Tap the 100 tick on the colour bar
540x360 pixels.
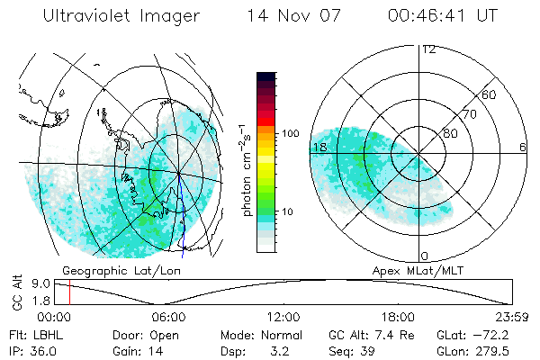(x=290, y=133)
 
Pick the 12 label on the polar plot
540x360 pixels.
(x=428, y=49)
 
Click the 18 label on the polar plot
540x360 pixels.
(x=319, y=147)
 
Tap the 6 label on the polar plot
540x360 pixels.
(x=523, y=147)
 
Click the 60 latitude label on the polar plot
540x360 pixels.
(x=490, y=94)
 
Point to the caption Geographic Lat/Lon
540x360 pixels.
(x=117, y=270)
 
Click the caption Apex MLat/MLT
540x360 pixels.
(x=409, y=270)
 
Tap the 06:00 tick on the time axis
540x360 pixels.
(x=168, y=317)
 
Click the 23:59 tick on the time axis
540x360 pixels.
(x=510, y=317)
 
